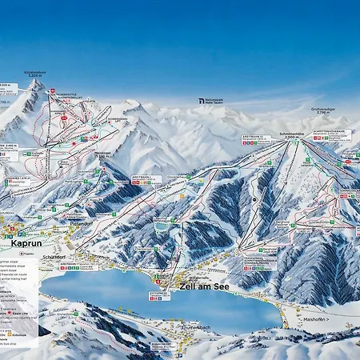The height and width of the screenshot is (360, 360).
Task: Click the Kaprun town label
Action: [x=26, y=242]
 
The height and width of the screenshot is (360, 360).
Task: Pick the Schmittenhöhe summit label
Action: [x=290, y=134]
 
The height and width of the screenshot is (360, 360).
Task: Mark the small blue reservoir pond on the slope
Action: [x=162, y=226]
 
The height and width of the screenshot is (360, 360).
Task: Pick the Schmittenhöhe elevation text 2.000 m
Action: [x=290, y=138]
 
